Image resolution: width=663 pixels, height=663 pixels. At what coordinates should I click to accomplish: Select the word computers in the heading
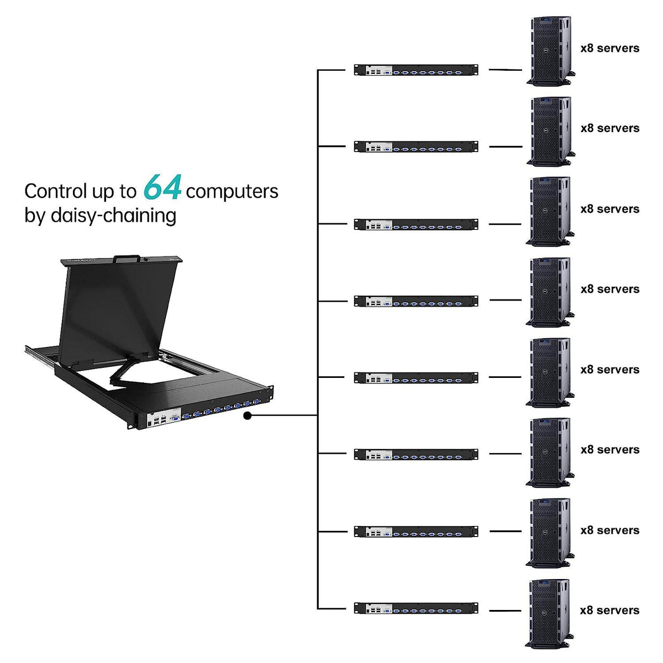pos(232,191)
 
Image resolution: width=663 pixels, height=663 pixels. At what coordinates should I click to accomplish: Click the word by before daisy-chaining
pos(34,215)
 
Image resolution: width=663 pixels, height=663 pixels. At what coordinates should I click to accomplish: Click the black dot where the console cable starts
pos(248,415)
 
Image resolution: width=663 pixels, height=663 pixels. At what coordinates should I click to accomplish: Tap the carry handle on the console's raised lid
pos(127,258)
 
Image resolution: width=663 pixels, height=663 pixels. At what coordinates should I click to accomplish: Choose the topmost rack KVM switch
pos(415,70)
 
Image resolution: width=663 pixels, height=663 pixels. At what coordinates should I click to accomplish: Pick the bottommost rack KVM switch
pos(415,608)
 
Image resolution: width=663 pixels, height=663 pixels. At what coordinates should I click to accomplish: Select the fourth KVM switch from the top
pos(415,301)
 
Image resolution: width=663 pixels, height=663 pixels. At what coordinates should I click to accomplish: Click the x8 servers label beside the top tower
pos(609,48)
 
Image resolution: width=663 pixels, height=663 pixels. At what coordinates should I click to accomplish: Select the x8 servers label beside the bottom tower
pos(609,610)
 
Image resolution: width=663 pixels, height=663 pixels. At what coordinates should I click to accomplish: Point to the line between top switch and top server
pos(505,70)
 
